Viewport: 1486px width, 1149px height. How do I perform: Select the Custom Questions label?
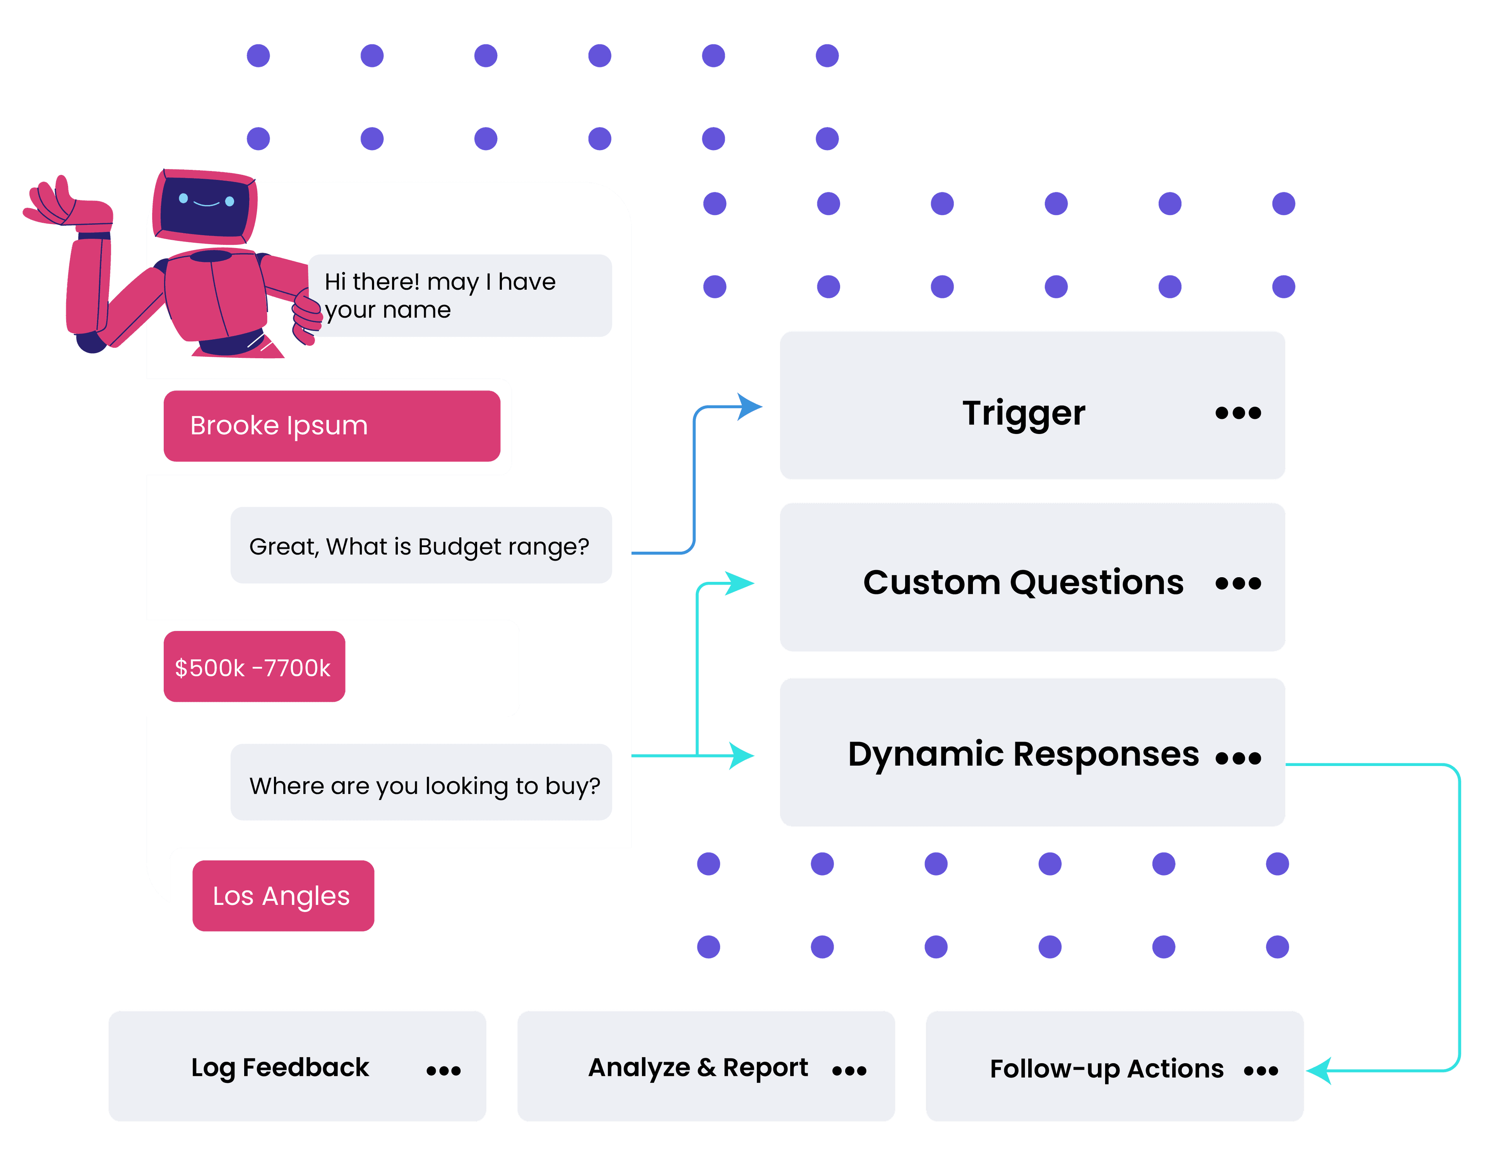point(1023,583)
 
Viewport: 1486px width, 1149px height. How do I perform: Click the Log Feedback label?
point(280,1068)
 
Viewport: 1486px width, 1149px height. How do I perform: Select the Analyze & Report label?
point(698,1068)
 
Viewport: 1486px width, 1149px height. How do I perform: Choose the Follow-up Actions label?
point(1106,1069)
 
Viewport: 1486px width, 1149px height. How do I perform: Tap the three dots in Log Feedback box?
point(443,1071)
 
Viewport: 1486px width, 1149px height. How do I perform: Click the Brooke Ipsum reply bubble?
point(332,426)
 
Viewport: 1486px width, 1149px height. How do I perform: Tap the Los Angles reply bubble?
point(283,896)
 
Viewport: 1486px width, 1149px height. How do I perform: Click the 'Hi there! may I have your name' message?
point(460,295)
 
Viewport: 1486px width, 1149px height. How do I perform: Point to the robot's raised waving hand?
point(55,201)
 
